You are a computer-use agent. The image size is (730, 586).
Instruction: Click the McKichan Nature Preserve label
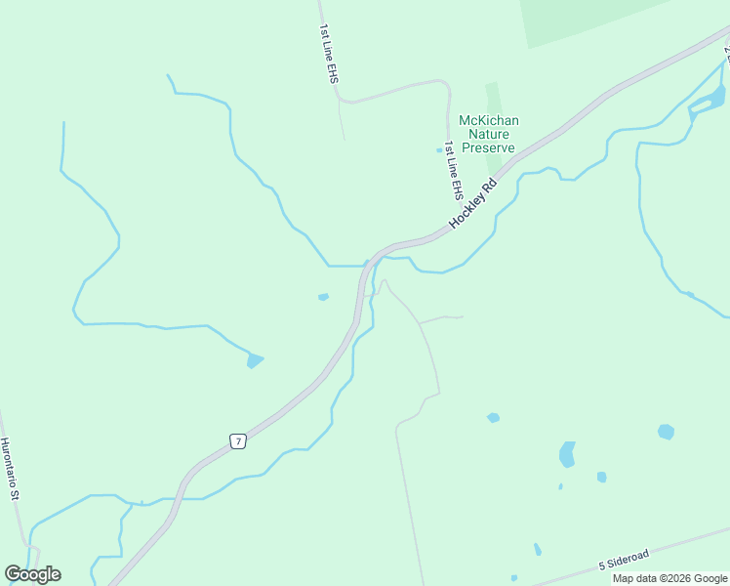(488, 134)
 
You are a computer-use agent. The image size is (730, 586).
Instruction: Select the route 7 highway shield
(237, 441)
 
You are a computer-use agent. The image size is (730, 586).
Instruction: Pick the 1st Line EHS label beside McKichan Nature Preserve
(452, 170)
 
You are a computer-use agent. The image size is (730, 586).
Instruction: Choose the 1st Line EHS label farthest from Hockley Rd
(327, 54)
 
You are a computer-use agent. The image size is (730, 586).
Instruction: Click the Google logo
(32, 574)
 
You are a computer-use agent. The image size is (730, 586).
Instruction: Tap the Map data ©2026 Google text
(669, 578)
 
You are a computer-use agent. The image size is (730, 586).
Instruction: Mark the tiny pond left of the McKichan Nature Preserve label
(439, 149)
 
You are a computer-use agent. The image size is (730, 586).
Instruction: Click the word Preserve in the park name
(488, 147)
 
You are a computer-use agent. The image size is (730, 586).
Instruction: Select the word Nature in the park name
(489, 134)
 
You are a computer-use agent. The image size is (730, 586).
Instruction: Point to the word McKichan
(489, 120)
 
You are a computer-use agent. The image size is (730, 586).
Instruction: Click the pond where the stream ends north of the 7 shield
(255, 360)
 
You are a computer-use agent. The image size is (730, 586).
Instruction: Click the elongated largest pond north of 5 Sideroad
(566, 454)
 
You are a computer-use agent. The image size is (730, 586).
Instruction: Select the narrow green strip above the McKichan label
(493, 97)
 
